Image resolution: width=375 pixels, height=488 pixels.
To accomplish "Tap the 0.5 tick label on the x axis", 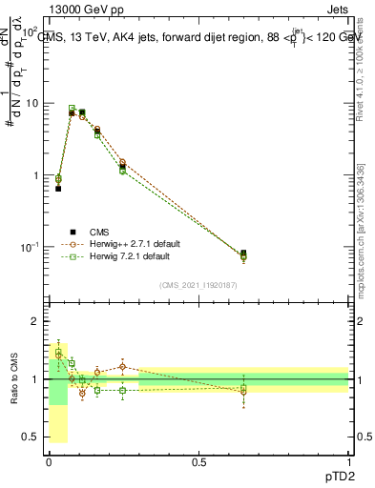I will coord(198,463).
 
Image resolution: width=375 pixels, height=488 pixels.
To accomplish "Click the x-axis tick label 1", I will coord(348,463).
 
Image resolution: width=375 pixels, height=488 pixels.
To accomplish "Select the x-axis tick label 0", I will coord(49,463).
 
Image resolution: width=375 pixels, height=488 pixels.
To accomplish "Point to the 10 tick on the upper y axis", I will coord(32,103).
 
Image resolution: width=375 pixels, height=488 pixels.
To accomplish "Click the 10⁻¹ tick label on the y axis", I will coord(31,248).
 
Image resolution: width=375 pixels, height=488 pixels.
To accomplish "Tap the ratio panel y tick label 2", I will coord(36,322).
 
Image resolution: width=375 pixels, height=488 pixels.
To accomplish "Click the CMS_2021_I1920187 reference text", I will coord(198,284).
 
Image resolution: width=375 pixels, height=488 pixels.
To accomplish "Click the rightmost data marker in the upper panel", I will coord(243,254).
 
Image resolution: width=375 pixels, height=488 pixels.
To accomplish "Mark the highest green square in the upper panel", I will coord(72,109).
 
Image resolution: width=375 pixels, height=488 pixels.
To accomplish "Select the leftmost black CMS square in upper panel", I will coord(58,189).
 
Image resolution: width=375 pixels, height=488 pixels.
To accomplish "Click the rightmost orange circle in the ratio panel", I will coord(243,392).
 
